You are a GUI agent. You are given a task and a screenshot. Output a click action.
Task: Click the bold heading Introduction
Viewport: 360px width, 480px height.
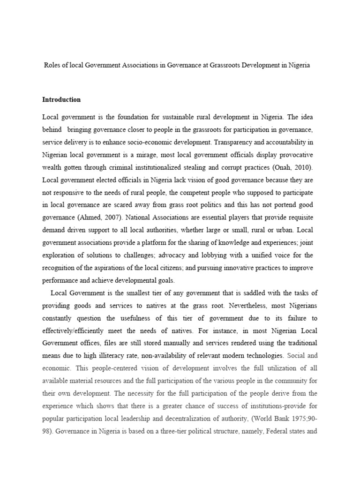(61, 99)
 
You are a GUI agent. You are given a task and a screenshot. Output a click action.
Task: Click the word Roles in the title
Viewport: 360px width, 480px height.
(52, 66)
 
